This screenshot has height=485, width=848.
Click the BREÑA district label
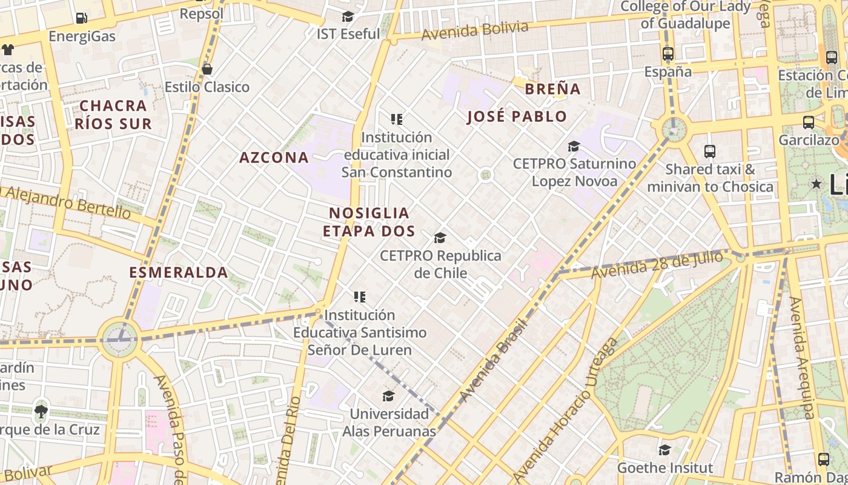(552, 89)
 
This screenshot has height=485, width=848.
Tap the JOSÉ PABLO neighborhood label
(517, 116)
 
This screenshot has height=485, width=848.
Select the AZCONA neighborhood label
(274, 158)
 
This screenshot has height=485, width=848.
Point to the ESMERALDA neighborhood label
(179, 272)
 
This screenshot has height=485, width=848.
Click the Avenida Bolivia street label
(474, 31)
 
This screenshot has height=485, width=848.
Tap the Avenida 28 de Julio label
(657, 265)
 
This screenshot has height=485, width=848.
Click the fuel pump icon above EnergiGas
(81, 18)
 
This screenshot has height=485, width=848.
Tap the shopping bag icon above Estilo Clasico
(207, 69)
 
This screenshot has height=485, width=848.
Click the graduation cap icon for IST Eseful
(348, 16)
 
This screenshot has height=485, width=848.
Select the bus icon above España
(668, 54)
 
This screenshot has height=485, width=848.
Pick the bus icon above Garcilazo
(808, 122)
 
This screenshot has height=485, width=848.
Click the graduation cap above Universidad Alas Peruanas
(389, 396)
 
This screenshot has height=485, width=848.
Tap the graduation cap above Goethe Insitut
(664, 450)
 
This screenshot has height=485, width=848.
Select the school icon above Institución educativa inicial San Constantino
(397, 119)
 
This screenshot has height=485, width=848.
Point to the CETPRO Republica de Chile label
(440, 264)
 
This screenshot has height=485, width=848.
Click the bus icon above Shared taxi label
(710, 152)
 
